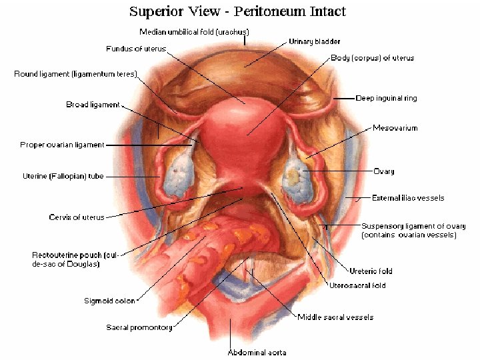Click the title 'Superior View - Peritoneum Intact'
click(237, 12)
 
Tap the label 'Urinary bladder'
click(314, 41)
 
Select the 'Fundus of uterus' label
click(136, 49)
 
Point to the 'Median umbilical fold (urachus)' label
click(193, 32)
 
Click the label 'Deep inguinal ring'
click(386, 98)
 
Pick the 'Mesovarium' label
click(395, 127)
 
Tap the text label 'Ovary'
click(383, 171)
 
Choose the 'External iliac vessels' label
click(408, 198)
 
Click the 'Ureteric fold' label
click(371, 271)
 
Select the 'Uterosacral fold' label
click(357, 285)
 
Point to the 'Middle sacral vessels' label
click(335, 317)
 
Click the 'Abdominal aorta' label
click(257, 352)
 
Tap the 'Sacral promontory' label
click(139, 327)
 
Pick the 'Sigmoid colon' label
click(110, 301)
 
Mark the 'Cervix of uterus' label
click(76, 217)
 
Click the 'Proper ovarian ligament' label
click(62, 145)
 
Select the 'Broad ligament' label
click(93, 105)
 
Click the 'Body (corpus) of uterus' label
click(372, 58)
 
